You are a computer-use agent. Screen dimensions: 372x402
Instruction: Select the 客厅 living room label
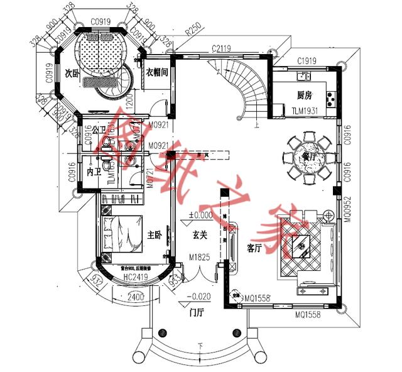click(254, 248)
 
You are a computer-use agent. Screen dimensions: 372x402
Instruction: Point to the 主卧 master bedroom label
click(155, 234)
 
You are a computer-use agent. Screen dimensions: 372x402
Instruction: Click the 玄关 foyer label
click(200, 234)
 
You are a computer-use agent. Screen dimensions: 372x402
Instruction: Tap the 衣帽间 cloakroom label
click(156, 72)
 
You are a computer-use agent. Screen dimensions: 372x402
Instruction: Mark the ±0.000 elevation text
click(200, 216)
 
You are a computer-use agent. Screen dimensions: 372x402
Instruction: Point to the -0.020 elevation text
click(200, 297)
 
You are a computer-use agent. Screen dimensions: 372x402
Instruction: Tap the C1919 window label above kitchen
click(306, 61)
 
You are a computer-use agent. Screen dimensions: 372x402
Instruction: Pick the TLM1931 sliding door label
click(306, 111)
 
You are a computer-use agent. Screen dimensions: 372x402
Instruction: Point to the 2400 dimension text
click(135, 297)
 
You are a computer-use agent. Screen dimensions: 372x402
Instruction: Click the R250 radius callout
click(192, 31)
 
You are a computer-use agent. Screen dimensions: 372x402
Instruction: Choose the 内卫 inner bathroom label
click(94, 171)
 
